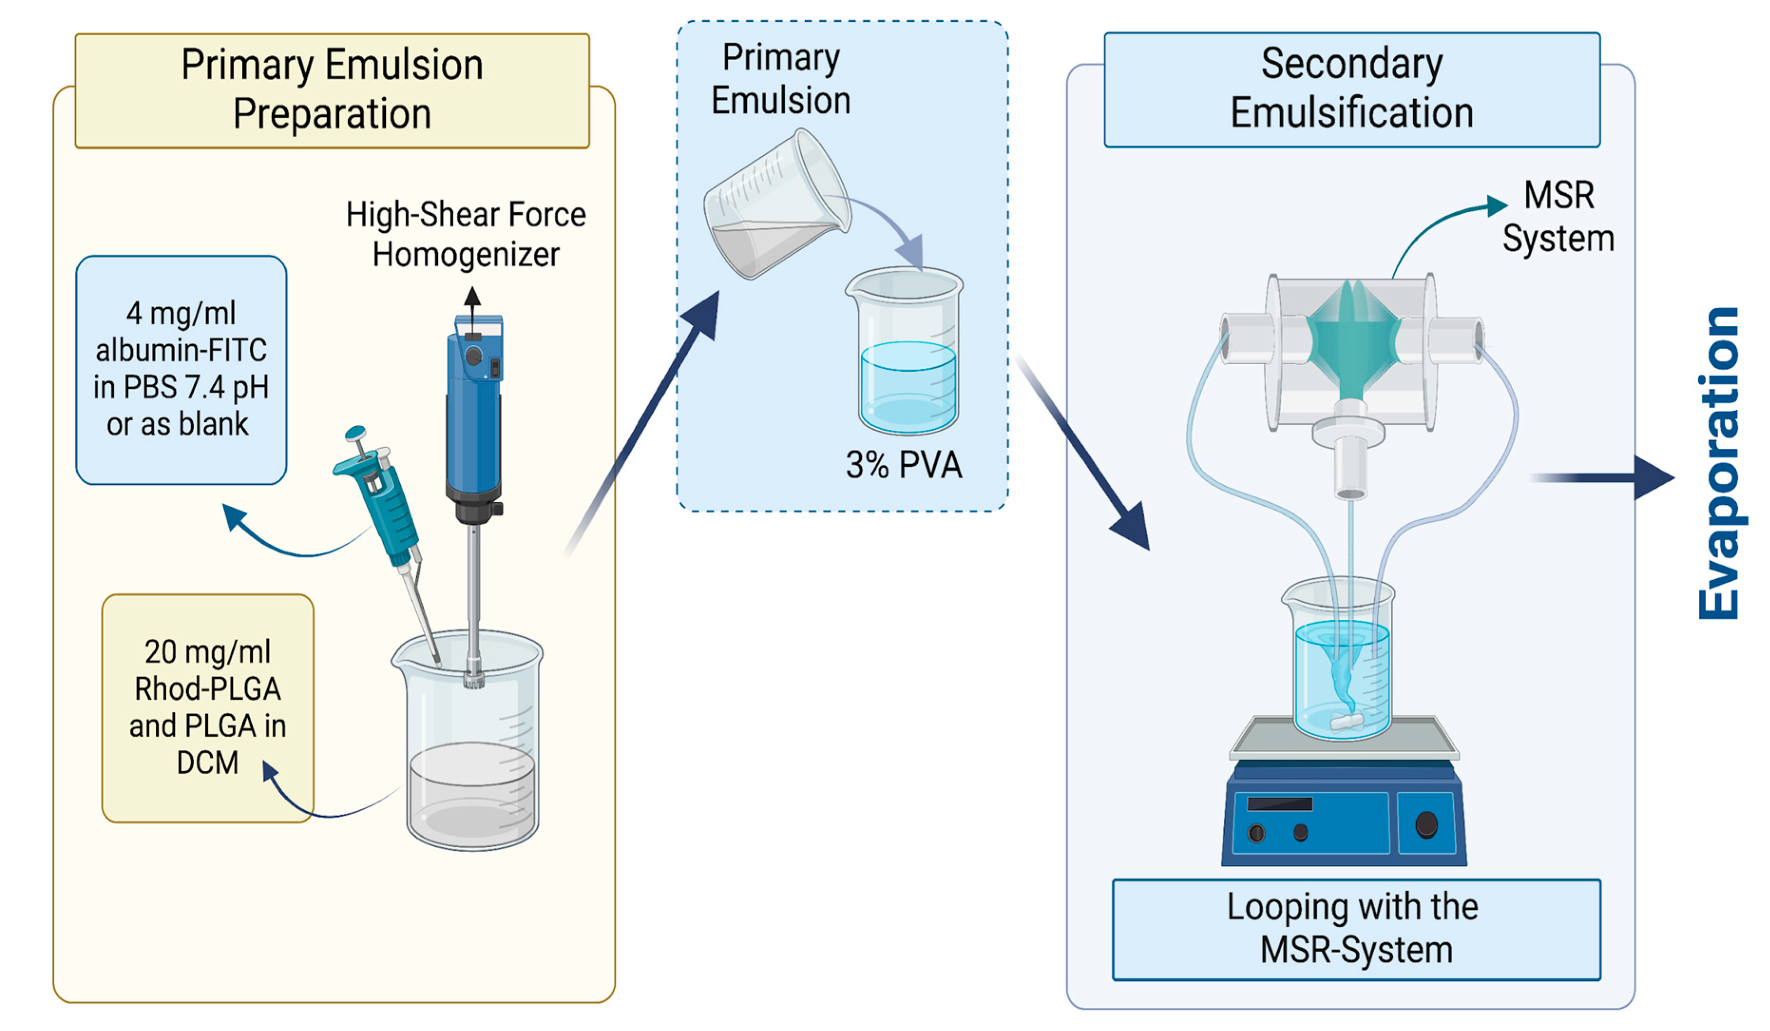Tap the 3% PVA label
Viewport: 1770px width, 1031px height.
[x=904, y=465]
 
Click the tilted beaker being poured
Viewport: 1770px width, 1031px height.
[x=776, y=204]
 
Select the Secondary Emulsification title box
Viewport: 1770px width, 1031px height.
[x=1351, y=89]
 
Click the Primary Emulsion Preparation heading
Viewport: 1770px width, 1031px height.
[x=332, y=90]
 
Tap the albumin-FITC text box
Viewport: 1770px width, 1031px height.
[x=181, y=369]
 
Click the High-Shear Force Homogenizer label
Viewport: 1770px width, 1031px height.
[x=466, y=234]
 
